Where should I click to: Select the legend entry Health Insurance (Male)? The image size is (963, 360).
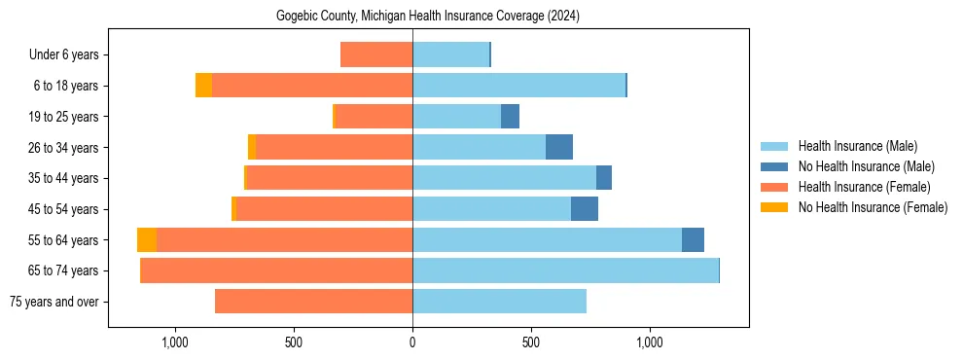point(857,146)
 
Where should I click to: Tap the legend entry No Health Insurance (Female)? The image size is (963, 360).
point(873,207)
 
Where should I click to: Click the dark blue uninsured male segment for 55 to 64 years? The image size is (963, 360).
point(693,240)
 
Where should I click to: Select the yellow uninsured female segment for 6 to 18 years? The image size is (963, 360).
point(203,86)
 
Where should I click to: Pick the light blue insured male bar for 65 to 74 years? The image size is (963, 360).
point(565,270)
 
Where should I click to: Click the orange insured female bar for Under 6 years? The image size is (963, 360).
point(376,55)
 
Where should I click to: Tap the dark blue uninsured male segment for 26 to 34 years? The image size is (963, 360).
point(559,148)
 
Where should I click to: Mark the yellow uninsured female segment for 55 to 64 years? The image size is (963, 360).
point(147,240)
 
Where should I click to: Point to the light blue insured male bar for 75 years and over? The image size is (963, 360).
point(499,302)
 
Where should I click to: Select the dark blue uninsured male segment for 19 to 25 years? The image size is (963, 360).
point(510,117)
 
